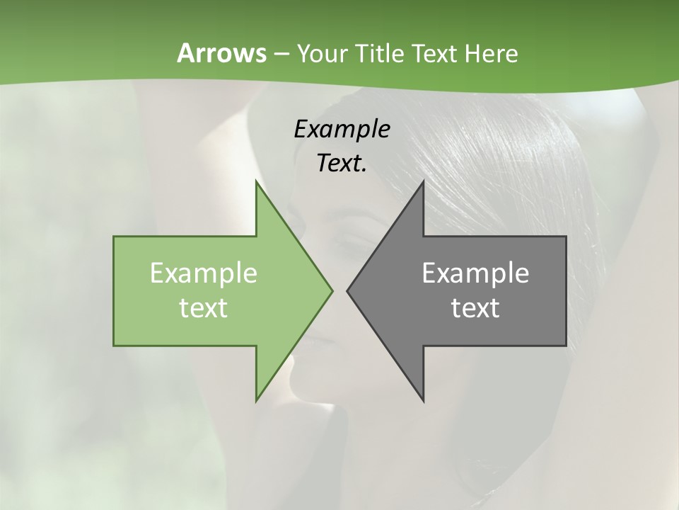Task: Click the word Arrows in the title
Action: tap(221, 53)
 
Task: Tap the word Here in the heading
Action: tap(491, 53)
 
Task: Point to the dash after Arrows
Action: tap(281, 54)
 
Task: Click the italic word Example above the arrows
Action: tap(342, 129)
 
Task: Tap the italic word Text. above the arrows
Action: tap(342, 163)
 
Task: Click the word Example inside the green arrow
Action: tap(204, 273)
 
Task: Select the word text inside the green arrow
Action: tap(204, 307)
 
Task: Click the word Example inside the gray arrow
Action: tap(475, 273)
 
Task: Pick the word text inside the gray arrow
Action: tap(475, 307)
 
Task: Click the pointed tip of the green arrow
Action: tap(332, 290)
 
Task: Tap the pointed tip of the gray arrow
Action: tap(347, 290)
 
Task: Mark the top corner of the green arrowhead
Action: tap(257, 182)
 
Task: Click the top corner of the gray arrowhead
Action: tap(423, 182)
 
